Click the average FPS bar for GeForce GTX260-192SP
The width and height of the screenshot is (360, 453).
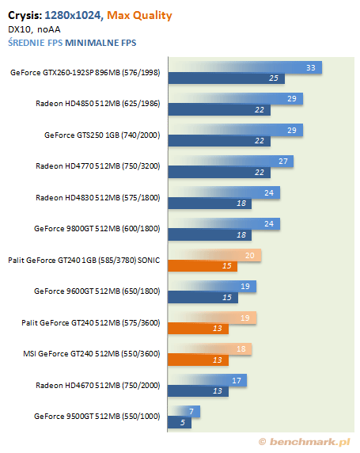[244, 67]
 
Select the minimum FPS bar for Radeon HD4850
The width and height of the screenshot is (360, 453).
[219, 110]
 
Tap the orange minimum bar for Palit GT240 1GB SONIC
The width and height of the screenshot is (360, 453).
[203, 266]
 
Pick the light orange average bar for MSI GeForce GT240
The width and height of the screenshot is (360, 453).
[210, 349]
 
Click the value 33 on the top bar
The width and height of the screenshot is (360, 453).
[311, 67]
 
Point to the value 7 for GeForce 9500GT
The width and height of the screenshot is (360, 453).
[191, 411]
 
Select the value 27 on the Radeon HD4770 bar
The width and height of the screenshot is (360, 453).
[283, 162]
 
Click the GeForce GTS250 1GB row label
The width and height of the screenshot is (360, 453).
[102, 135]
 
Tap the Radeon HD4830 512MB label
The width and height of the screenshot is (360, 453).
[98, 198]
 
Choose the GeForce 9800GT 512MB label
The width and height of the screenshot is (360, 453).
[97, 229]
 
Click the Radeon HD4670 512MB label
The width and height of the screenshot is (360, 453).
[98, 386]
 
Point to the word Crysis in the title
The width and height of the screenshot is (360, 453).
[25, 16]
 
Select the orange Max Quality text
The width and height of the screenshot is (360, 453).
[139, 16]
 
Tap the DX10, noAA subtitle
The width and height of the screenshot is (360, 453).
[34, 29]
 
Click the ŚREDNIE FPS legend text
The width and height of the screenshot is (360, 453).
[36, 43]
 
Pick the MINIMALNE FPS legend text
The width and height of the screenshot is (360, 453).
[100, 43]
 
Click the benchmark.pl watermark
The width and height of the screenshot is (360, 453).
[305, 442]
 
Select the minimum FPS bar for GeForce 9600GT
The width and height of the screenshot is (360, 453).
[203, 297]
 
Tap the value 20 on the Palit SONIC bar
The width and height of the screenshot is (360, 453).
[250, 255]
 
